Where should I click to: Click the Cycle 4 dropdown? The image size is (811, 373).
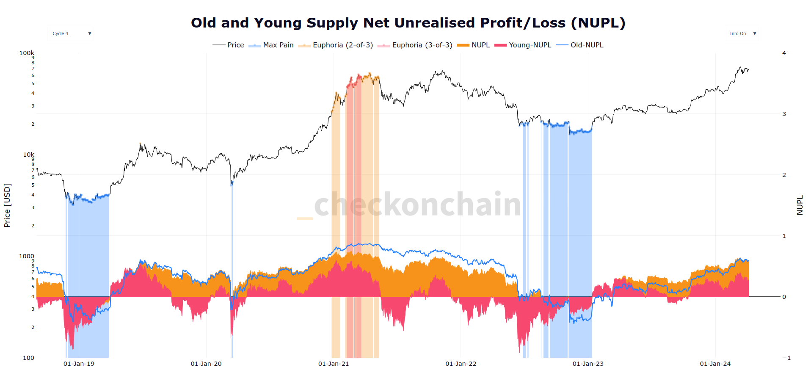coord(71,33)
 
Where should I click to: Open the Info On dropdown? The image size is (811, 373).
coord(742,33)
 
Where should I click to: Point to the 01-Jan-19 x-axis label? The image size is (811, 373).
coord(79,364)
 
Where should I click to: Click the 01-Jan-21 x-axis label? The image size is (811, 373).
coord(334,364)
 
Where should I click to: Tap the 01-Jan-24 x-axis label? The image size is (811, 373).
coord(715,364)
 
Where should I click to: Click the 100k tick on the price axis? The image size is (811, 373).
coord(27,53)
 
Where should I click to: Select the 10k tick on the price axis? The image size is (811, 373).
coord(28,155)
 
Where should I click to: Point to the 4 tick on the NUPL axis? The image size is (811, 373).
coord(784,53)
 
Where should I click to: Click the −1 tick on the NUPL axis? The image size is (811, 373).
coord(786,358)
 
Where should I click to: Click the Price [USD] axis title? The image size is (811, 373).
coord(7,205)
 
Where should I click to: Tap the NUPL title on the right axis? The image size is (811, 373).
coord(800,205)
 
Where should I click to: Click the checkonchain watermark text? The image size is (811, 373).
coord(417,204)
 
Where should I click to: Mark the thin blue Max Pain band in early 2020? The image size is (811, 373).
coord(232,271)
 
